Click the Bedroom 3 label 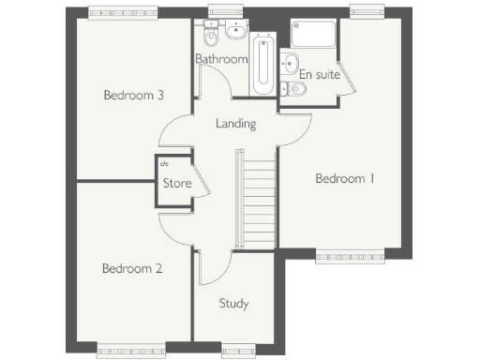pos(134,95)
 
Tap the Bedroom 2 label pos(132,268)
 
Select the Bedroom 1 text pos(344,178)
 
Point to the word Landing pos(235,123)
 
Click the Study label pos(233,303)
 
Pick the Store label pos(177,183)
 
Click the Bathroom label pos(221,59)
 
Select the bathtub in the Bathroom pos(262,64)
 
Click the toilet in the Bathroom pos(211,40)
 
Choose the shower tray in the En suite pos(312,36)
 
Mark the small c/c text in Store pos(162,166)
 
